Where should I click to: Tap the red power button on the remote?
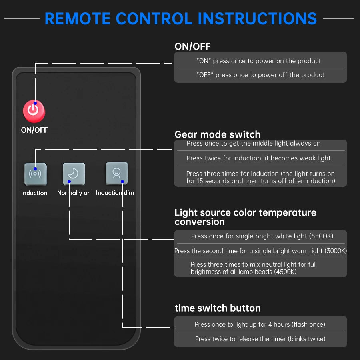pyautogui.click(x=34, y=110)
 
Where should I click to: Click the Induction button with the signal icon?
pyautogui.click(x=35, y=174)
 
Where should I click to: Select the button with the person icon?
pyautogui.click(x=116, y=173)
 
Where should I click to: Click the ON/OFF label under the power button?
pyautogui.click(x=34, y=130)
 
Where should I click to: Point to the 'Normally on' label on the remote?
pyautogui.click(x=74, y=193)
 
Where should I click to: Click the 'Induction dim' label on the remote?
pyautogui.click(x=115, y=193)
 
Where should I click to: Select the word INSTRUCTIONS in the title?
pyautogui.click(x=258, y=18)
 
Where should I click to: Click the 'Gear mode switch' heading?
pyautogui.click(x=218, y=134)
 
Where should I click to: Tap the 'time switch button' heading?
pyautogui.click(x=218, y=308)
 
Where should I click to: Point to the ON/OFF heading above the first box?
pyautogui.click(x=192, y=46)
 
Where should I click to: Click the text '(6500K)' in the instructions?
pyautogui.click(x=321, y=236)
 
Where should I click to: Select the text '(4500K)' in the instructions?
pyautogui.click(x=283, y=272)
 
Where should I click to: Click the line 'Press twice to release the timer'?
pyautogui.click(x=260, y=339)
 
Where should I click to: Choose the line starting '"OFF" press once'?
pyautogui.click(x=260, y=75)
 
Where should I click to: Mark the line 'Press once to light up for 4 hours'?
pyautogui.click(x=260, y=324)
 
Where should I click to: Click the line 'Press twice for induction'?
pyautogui.click(x=258, y=158)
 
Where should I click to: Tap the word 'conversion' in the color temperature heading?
pyautogui.click(x=200, y=222)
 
